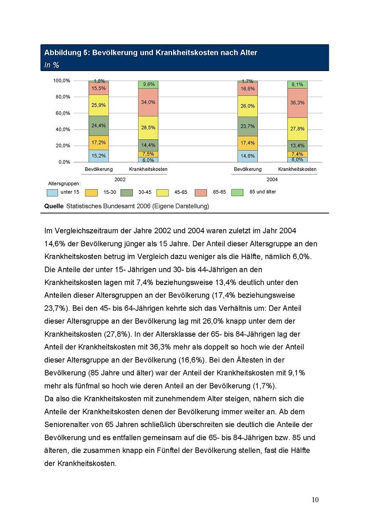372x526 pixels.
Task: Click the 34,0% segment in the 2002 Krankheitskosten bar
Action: (148, 102)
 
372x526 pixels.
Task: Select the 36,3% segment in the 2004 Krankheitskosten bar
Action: (297, 103)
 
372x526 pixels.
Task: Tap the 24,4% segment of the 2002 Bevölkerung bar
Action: (99, 125)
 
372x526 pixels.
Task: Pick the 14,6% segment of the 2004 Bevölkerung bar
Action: (247, 156)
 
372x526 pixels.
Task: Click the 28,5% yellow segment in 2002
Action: (148, 128)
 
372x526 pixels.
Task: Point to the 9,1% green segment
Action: (297, 84)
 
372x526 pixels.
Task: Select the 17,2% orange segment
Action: (99, 143)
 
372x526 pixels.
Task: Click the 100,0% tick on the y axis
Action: (62, 80)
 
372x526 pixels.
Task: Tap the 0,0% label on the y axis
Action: (64, 162)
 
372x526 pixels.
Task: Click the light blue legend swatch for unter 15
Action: (53, 192)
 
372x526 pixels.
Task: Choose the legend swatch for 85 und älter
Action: (237, 192)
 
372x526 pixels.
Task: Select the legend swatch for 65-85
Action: (201, 192)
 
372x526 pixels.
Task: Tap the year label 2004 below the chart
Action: (272, 179)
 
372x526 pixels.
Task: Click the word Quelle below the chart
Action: (54, 206)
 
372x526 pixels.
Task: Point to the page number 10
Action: (315, 500)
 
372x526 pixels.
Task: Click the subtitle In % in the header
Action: (52, 65)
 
